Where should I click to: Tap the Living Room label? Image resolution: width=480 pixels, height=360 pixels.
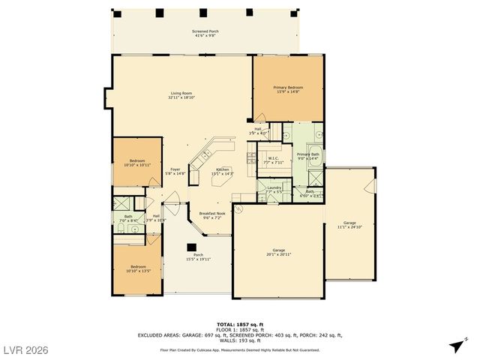(x=181, y=95)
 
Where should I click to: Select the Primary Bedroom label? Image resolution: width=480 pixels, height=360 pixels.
(x=288, y=89)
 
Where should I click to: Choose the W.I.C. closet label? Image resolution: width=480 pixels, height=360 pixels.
(x=274, y=160)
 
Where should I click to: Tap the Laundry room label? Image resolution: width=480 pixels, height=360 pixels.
(x=274, y=190)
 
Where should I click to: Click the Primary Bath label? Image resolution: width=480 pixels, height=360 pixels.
(x=307, y=157)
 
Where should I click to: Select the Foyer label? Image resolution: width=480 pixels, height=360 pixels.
(x=175, y=171)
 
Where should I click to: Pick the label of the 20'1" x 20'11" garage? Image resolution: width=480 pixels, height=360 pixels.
(x=277, y=253)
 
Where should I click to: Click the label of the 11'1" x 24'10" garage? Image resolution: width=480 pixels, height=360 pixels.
(x=349, y=225)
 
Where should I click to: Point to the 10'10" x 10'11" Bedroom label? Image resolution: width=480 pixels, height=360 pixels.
(x=136, y=163)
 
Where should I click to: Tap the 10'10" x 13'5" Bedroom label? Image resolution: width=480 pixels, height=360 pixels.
(x=139, y=268)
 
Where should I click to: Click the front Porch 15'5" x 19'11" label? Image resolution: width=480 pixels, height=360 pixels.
(x=199, y=256)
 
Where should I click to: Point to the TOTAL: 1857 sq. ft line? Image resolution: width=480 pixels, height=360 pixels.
(x=240, y=323)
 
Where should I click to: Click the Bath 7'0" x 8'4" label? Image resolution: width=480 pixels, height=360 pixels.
(x=128, y=219)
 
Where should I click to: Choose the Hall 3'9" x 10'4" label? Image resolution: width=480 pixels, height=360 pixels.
(x=156, y=218)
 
